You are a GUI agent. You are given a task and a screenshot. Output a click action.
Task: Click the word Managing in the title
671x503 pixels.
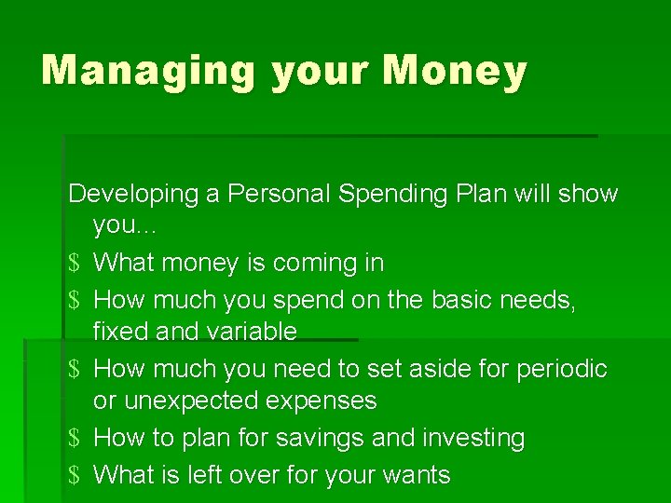click(x=148, y=72)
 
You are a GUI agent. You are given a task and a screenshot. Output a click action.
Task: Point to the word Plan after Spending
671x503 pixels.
click(x=482, y=194)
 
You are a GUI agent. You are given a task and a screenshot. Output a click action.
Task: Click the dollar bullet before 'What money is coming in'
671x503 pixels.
click(x=75, y=264)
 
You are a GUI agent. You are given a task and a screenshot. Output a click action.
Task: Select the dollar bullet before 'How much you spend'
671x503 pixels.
click(x=75, y=300)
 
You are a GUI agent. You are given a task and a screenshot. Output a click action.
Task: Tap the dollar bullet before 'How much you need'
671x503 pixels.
click(x=75, y=369)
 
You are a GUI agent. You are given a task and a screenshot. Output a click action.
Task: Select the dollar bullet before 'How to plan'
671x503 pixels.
click(x=75, y=438)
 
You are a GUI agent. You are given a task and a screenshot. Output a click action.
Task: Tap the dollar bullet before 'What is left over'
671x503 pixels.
click(x=75, y=475)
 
